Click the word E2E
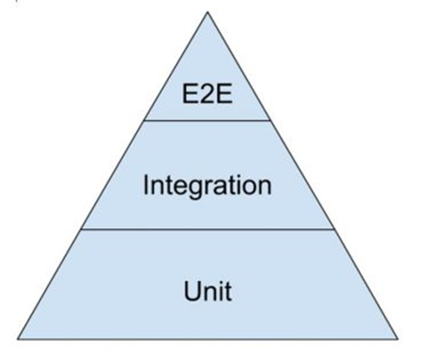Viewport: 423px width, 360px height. point(208,94)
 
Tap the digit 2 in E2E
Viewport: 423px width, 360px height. point(207,94)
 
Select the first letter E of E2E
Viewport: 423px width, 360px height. point(190,94)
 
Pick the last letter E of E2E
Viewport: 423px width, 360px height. point(225,94)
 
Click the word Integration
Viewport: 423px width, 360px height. point(207,186)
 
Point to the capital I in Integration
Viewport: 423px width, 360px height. point(146,184)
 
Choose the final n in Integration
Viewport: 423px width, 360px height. point(264,187)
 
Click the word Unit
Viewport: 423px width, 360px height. point(208,291)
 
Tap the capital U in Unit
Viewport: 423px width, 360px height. point(191,291)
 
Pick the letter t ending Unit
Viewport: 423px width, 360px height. point(228,291)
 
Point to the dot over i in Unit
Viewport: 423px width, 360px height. point(221,283)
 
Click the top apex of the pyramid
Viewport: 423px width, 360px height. point(208,12)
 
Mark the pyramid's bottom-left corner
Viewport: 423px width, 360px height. point(18,339)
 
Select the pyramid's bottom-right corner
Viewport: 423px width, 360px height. point(397,339)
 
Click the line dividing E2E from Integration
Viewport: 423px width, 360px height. point(207,120)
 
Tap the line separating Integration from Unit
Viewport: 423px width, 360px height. point(208,229)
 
